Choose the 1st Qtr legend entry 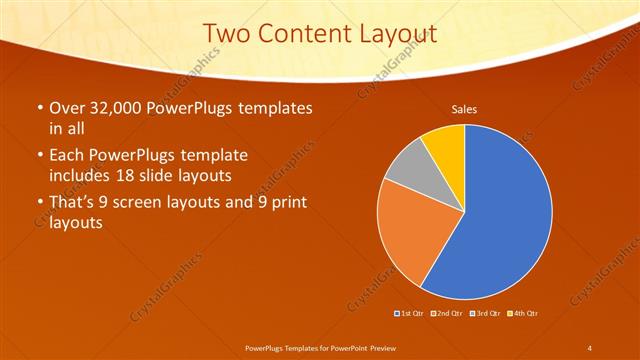[409, 314]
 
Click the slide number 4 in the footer [589, 347]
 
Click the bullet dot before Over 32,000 [39, 107]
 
